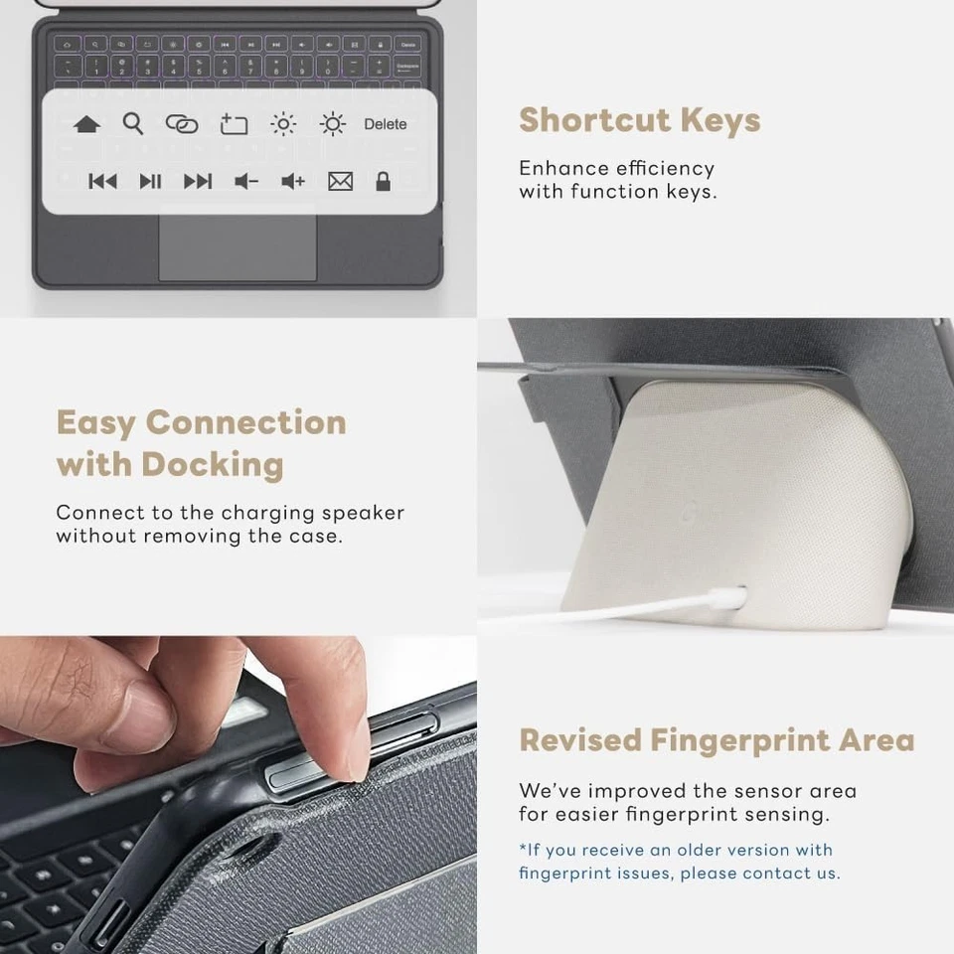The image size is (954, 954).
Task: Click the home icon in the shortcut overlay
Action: click(86, 125)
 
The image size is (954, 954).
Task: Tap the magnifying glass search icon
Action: click(133, 123)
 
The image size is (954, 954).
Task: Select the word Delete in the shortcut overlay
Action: click(386, 124)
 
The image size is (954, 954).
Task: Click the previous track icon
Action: click(102, 181)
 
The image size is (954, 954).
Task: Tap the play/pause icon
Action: click(150, 181)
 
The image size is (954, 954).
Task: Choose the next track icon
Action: click(198, 181)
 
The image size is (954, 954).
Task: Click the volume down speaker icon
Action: click(245, 181)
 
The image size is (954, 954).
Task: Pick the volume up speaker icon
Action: click(293, 181)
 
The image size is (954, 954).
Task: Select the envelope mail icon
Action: click(340, 181)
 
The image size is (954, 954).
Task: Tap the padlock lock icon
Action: click(383, 181)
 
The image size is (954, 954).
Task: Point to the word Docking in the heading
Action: click(212, 464)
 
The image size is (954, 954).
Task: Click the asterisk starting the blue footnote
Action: click(523, 849)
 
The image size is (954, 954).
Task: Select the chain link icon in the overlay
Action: click(181, 124)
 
